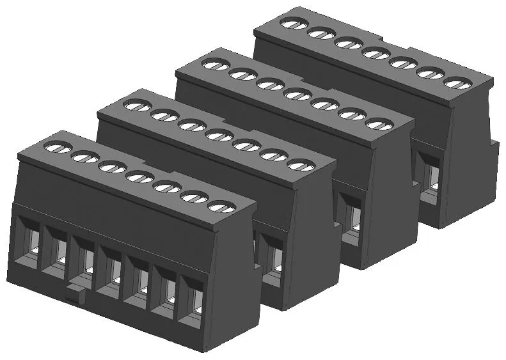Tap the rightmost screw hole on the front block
point(221,206)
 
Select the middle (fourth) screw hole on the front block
point(139,176)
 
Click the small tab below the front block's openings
point(75,296)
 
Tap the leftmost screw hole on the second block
point(138,106)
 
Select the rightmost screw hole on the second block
point(301,165)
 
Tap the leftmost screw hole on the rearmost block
point(292,24)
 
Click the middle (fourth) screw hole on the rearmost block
point(374,53)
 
